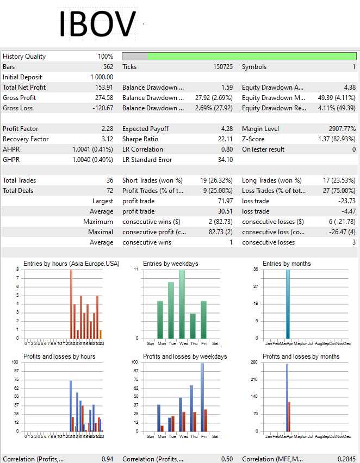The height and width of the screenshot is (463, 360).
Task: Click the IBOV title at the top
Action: click(97, 24)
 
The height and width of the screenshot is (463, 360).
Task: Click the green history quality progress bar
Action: click(251, 57)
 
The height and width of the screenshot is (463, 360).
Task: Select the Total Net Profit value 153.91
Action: click(103, 87)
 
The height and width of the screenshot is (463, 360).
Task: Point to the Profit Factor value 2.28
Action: click(107, 129)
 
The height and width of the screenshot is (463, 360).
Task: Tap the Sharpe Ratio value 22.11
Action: click(225, 139)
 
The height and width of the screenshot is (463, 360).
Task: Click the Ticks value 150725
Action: click(222, 67)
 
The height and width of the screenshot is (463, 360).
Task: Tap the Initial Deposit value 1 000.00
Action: click(101, 77)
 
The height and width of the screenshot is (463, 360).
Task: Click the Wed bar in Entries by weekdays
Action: click(182, 304)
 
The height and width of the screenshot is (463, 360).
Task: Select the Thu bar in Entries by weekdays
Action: click(193, 326)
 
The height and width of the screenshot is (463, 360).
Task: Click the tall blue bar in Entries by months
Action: click(288, 304)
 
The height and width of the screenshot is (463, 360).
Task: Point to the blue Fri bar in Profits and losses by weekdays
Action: click(202, 397)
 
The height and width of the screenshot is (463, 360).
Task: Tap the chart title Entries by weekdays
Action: click(170, 264)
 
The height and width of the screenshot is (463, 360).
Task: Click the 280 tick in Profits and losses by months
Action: click(254, 362)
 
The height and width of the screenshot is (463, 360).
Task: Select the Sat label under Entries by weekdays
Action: click(215, 343)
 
